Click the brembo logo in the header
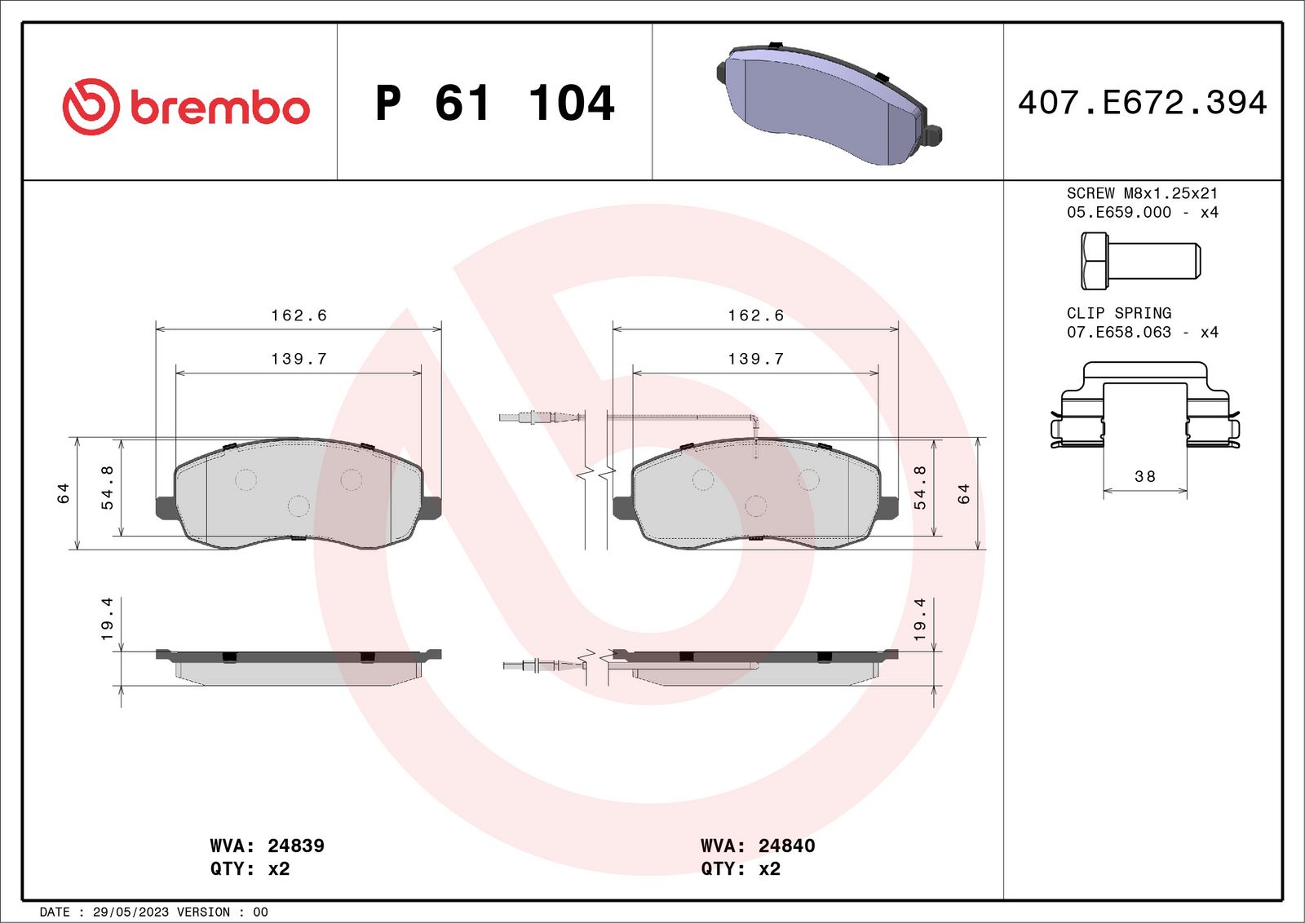click(x=186, y=107)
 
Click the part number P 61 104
click(x=494, y=104)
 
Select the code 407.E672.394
click(x=1142, y=103)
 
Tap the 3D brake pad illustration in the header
click(x=828, y=104)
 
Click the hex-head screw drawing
click(x=1139, y=261)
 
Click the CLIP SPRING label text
click(x=1118, y=313)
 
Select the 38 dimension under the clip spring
click(x=1145, y=476)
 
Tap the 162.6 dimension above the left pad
click(x=299, y=316)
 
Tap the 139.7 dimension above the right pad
click(x=755, y=359)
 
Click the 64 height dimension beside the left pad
click(x=64, y=493)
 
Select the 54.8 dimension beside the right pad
click(x=920, y=488)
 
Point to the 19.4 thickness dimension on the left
click(x=107, y=619)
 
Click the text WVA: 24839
click(x=267, y=846)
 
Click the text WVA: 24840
click(x=757, y=846)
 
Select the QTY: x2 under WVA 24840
click(x=740, y=869)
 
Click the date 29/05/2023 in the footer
click(x=130, y=912)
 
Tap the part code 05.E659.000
click(x=1118, y=212)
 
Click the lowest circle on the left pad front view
click(x=299, y=506)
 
